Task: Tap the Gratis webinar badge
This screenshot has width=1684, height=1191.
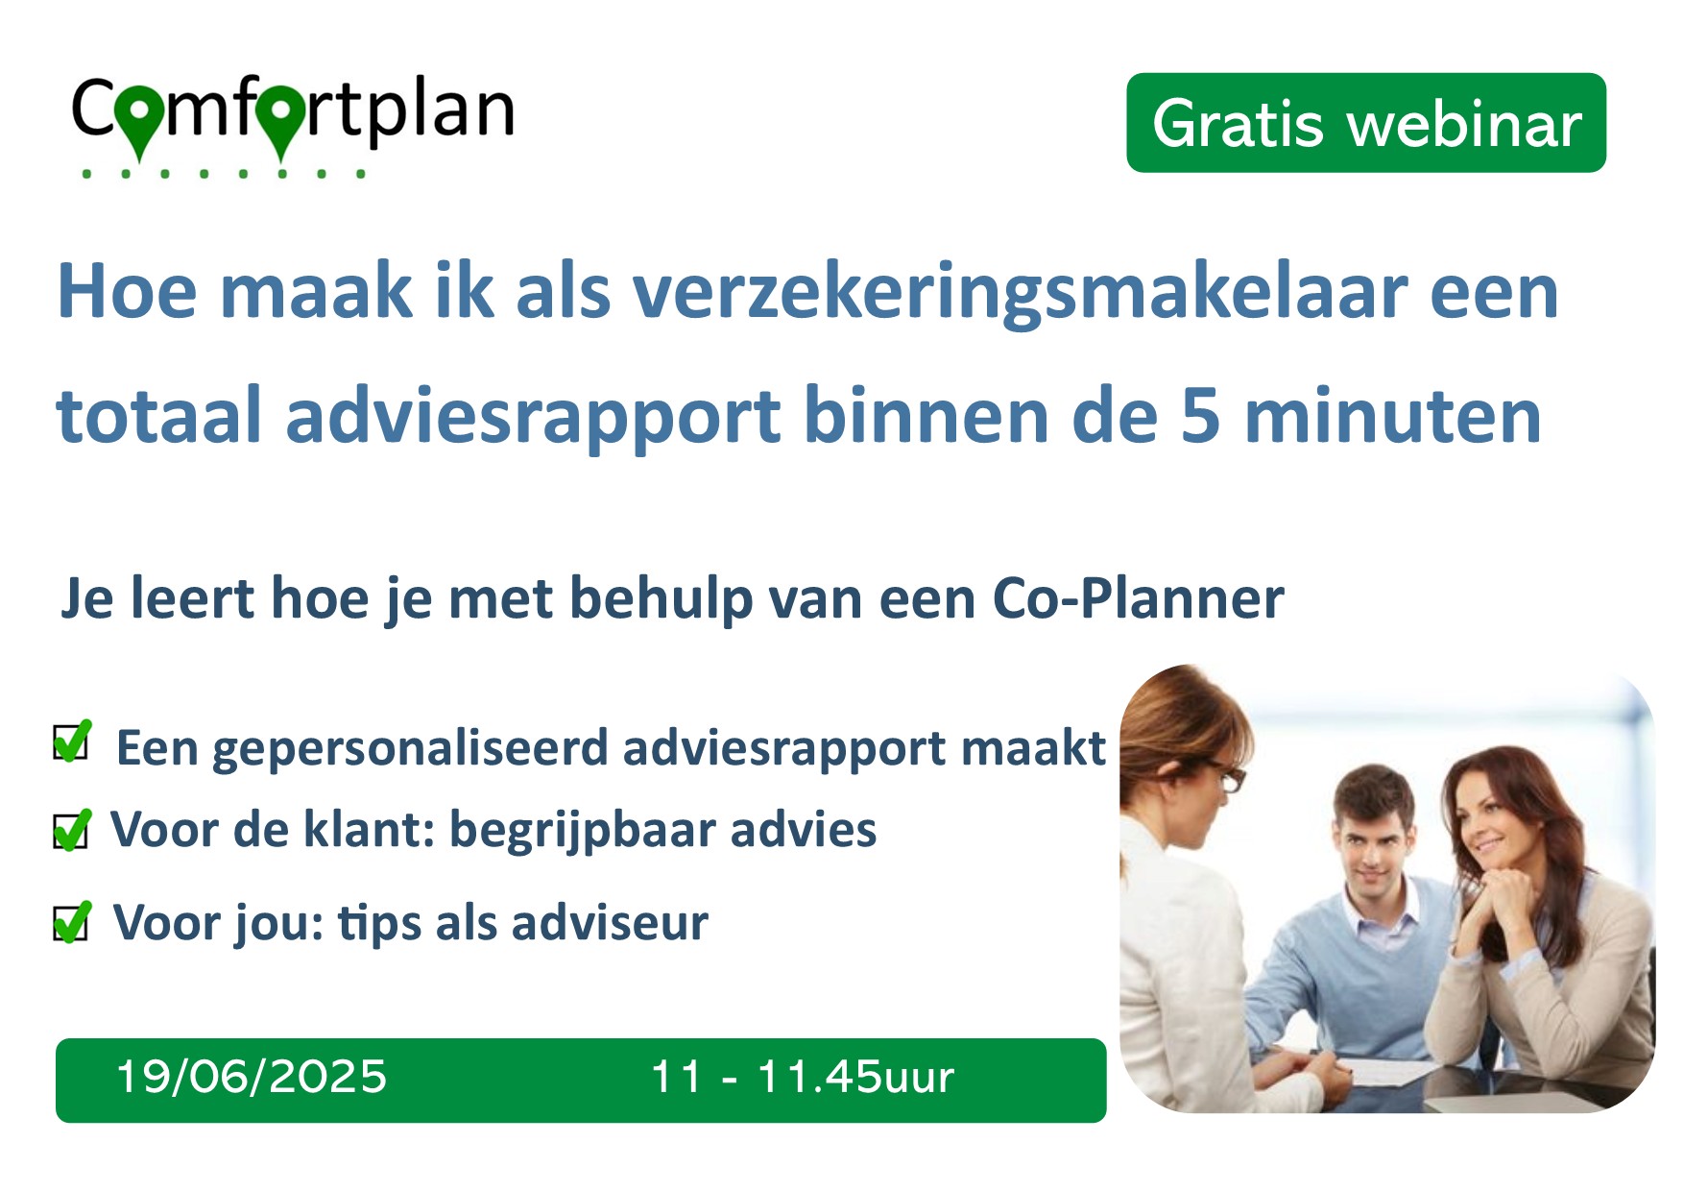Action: click(x=1366, y=123)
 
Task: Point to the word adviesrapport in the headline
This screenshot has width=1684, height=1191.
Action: click(x=533, y=419)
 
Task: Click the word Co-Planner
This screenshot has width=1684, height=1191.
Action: click(x=1138, y=599)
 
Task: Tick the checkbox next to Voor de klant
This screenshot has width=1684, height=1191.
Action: click(x=72, y=830)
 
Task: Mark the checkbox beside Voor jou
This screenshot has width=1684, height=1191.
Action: click(x=72, y=922)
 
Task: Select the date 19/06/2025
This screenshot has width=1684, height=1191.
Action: click(x=252, y=1077)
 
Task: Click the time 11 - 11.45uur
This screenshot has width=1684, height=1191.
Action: click(x=803, y=1077)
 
